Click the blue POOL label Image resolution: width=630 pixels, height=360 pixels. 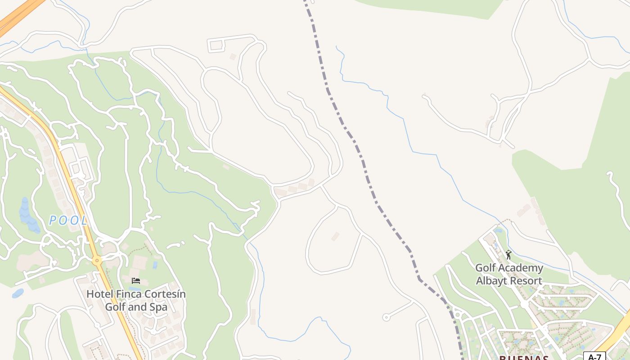pyautogui.click(x=68, y=220)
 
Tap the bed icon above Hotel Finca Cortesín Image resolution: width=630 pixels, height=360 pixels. pyautogui.click(x=135, y=281)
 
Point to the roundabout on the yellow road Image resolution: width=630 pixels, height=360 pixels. pyautogui.click(x=97, y=260)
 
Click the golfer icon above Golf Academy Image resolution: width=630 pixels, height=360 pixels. pyautogui.click(x=508, y=255)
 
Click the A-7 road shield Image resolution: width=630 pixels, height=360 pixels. pyautogui.click(x=595, y=356)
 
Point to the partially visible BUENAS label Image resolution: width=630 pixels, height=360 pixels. pyautogui.click(x=523, y=358)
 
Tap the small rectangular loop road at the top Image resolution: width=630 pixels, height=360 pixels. pyautogui.click(x=216, y=45)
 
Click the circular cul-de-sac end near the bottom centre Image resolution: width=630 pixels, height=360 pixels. pyautogui.click(x=386, y=317)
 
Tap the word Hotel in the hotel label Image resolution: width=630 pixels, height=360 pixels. pyautogui.click(x=100, y=294)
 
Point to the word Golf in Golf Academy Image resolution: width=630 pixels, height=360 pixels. pyautogui.click(x=485, y=268)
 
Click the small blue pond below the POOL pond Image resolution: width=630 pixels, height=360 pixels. pyautogui.click(x=18, y=293)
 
